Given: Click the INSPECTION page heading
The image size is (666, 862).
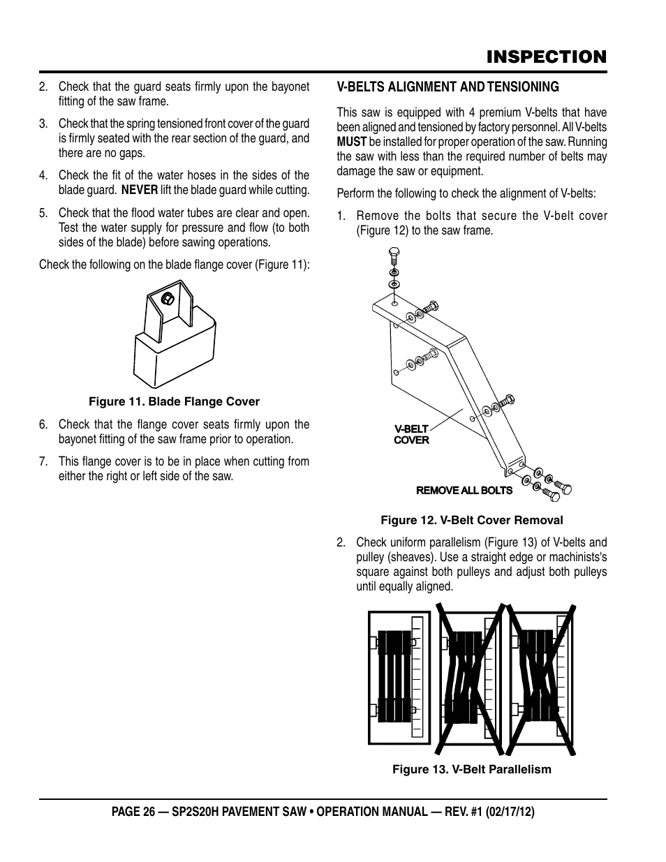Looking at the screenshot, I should tap(547, 57).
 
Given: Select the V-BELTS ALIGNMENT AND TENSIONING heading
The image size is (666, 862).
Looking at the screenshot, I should tap(447, 87).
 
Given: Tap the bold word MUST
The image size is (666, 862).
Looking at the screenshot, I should tap(351, 142).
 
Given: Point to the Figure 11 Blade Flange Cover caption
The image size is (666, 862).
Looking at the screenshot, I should tap(174, 402).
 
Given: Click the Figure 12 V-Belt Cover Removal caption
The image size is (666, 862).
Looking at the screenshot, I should tap(471, 520).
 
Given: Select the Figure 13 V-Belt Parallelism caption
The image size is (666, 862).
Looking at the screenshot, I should tap(471, 769).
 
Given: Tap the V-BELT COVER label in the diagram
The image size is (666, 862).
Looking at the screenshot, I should tap(411, 435).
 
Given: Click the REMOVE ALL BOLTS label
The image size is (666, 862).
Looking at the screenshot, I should tap(464, 491).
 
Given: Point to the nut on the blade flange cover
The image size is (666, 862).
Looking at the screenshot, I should tap(168, 298).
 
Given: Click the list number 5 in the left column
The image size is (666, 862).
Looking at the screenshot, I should tap(43, 213).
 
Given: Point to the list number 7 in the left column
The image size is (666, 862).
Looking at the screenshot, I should tap(43, 461).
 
